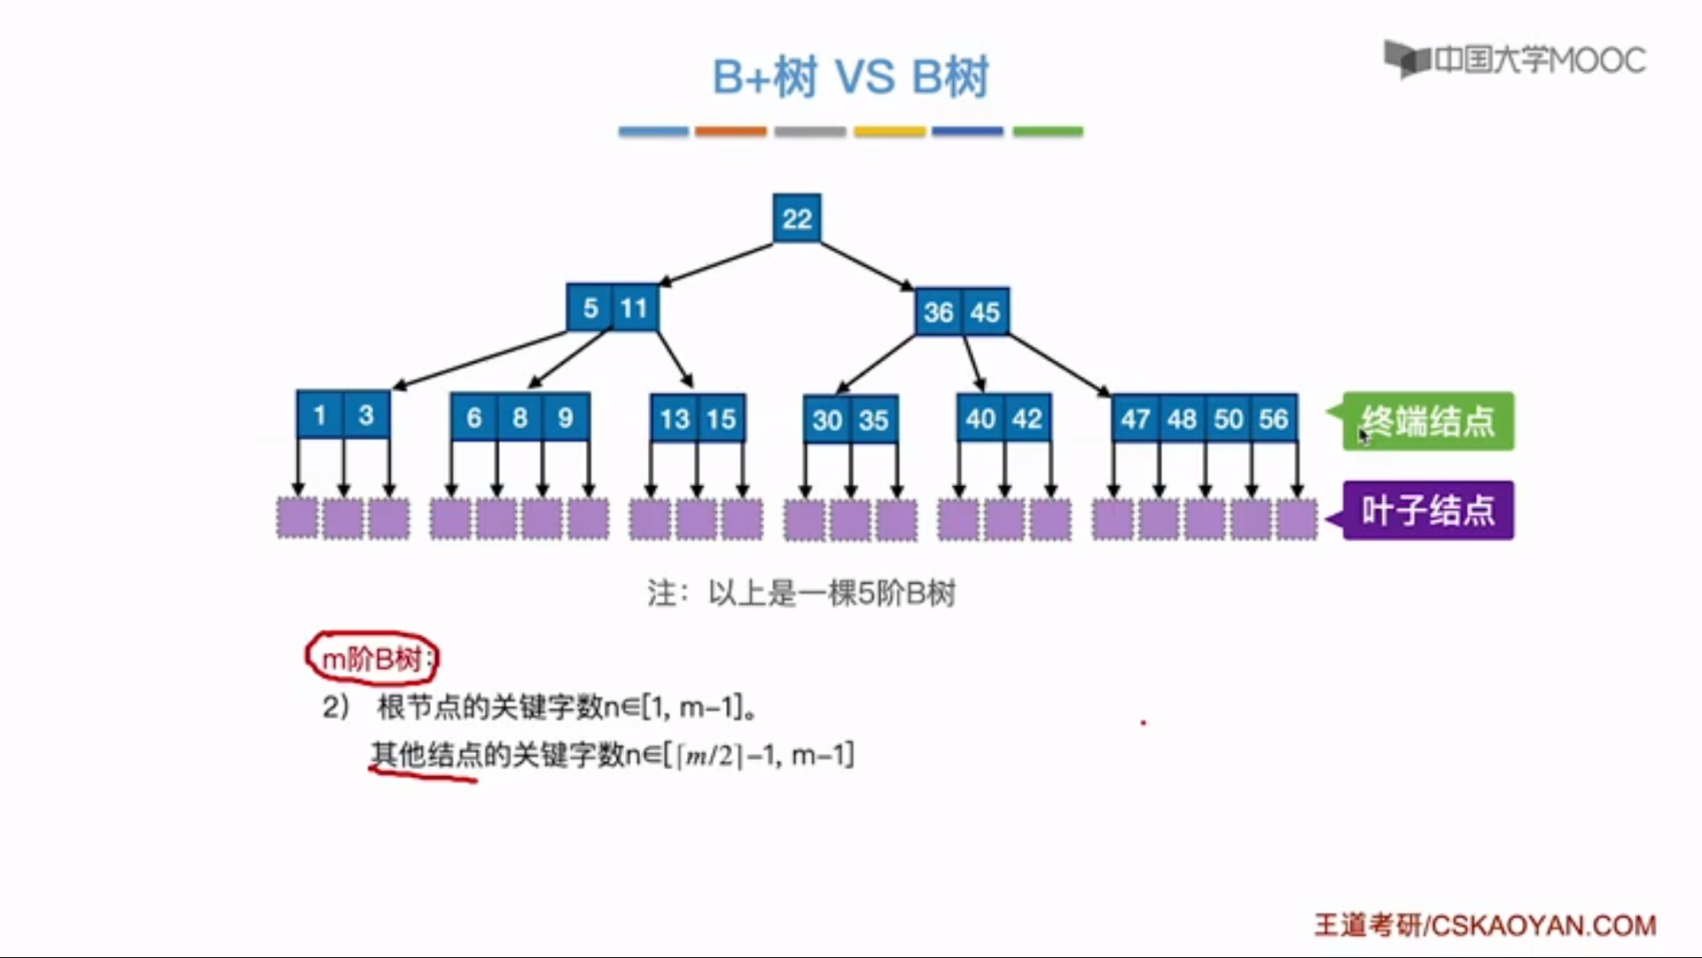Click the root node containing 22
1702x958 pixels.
tap(797, 218)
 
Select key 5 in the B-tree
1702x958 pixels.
tap(590, 308)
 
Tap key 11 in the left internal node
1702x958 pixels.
tap(634, 308)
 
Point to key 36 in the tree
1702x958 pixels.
tap(938, 311)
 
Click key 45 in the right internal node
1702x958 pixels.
tap(985, 311)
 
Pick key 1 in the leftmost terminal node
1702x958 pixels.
tap(320, 414)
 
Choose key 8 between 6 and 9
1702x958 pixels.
tap(519, 417)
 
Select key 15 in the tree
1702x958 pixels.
tap(721, 419)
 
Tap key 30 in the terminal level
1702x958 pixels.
tap(827, 420)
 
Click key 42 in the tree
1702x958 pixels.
tap(1027, 418)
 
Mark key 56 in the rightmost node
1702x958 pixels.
tap(1274, 418)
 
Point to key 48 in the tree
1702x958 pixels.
tap(1182, 418)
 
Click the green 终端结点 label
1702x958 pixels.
tap(1428, 421)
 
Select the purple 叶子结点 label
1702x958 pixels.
tap(1428, 510)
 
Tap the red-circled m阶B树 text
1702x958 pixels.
tap(372, 658)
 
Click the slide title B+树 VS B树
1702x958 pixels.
tap(850, 77)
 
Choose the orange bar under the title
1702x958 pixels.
tap(730, 131)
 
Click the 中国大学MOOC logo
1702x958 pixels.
tap(1515, 59)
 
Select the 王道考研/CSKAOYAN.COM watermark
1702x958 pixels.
tap(1485, 925)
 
